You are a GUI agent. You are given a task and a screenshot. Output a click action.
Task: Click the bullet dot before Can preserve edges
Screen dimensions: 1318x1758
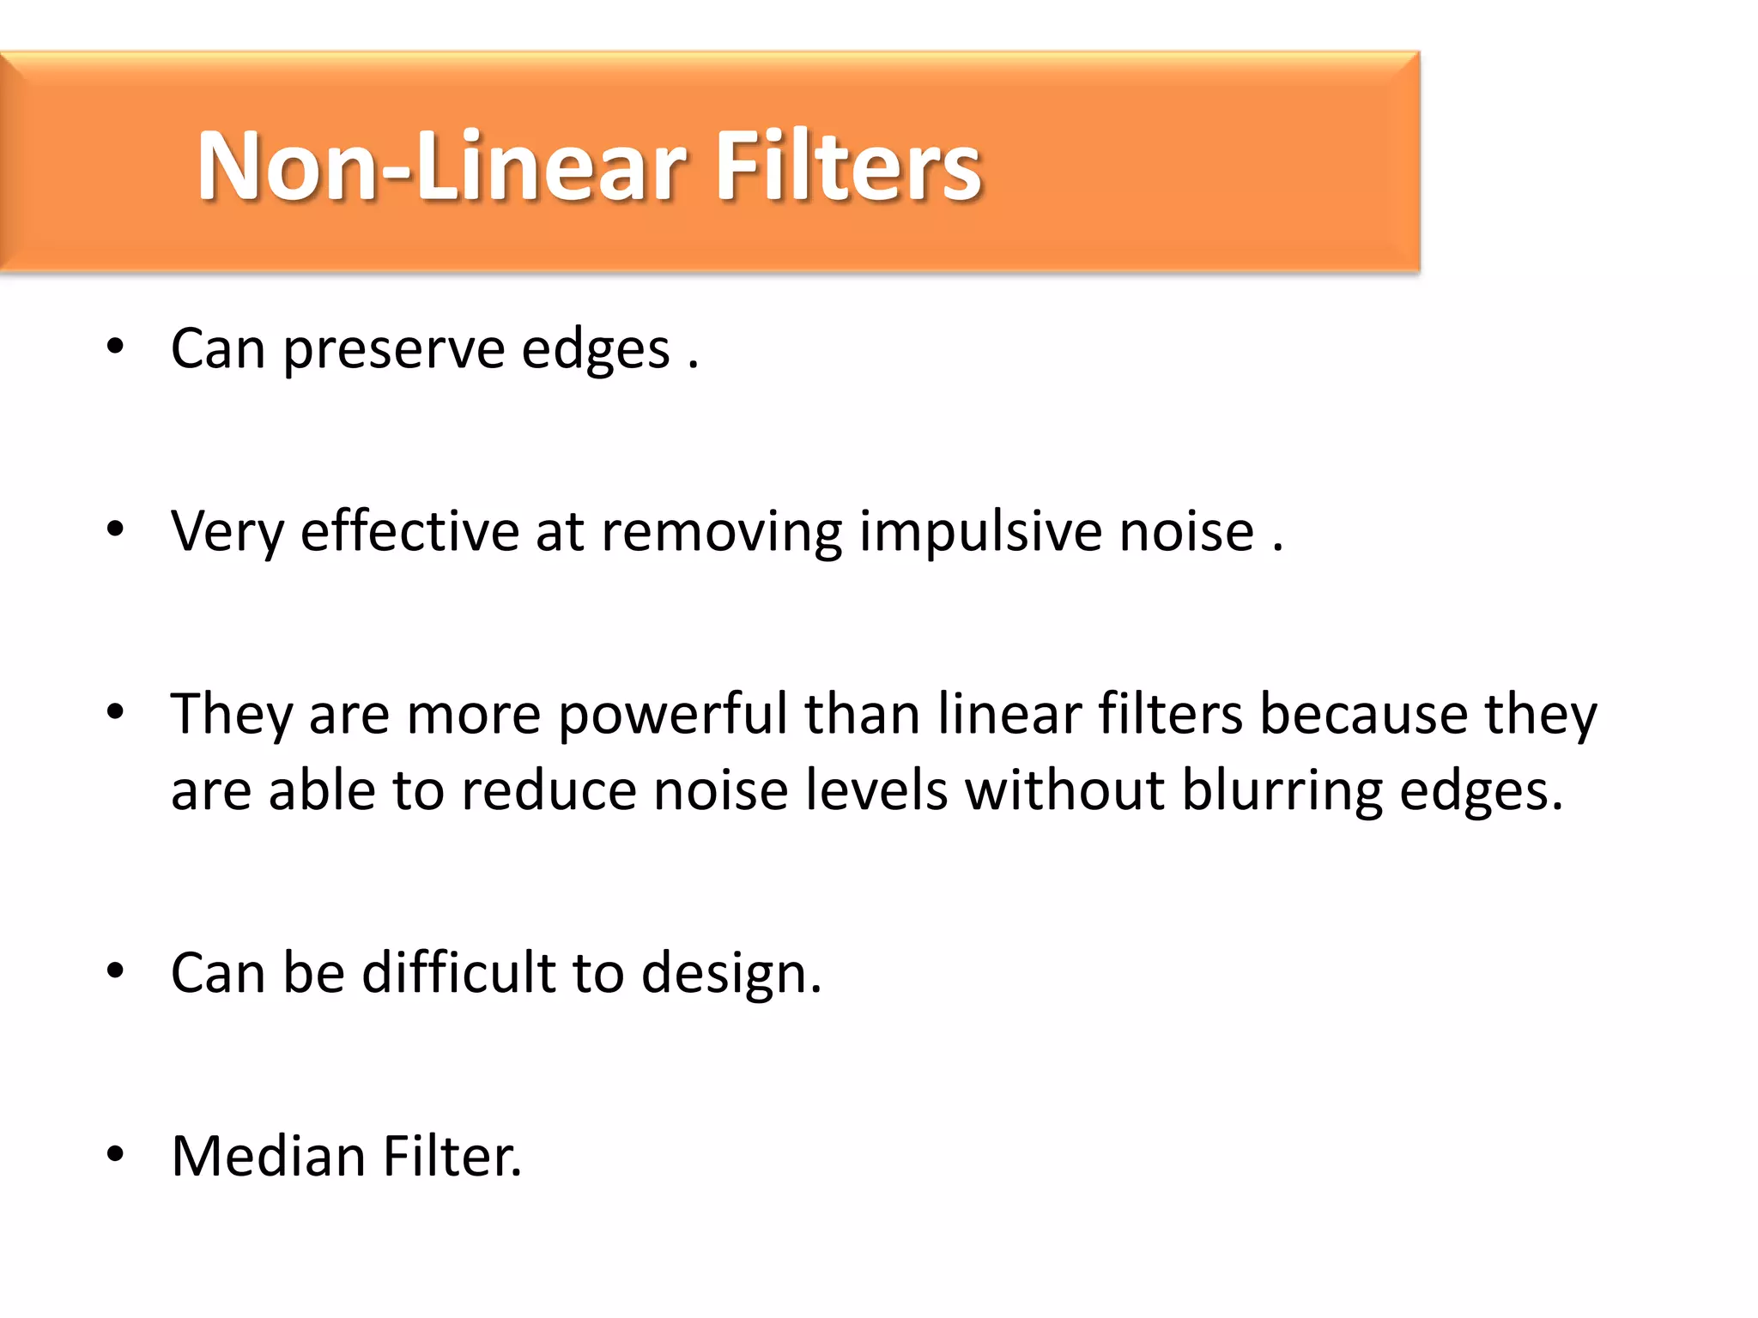pyautogui.click(x=115, y=348)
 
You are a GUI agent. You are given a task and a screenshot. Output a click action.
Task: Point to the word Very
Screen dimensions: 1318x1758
pyautogui.click(x=227, y=533)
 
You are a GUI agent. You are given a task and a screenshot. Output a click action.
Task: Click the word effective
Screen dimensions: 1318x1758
pyautogui.click(x=409, y=531)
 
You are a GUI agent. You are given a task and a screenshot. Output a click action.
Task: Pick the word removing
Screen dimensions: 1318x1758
pyautogui.click(x=721, y=533)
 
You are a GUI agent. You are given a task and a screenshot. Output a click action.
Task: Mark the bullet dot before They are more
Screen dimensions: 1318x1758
pyautogui.click(x=115, y=712)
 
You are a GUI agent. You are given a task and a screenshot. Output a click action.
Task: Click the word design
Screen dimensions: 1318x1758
pyautogui.click(x=730, y=975)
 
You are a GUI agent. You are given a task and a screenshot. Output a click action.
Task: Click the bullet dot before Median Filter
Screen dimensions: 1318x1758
pyautogui.click(x=115, y=1154)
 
